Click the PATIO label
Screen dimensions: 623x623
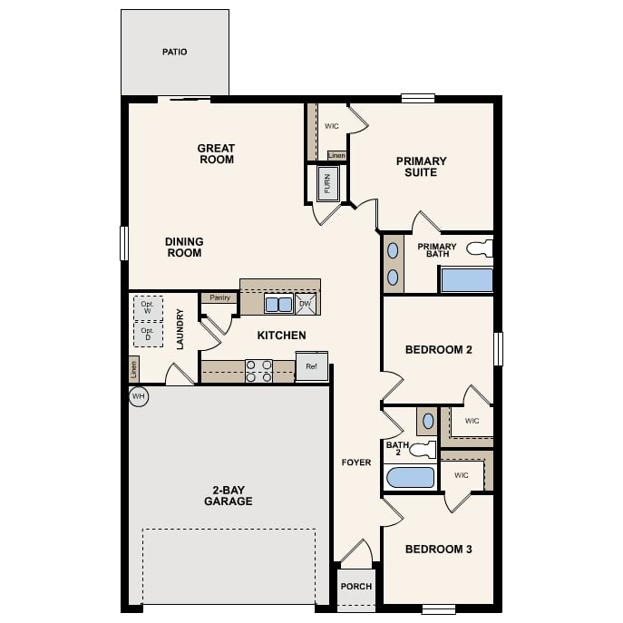click(175, 52)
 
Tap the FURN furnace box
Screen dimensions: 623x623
click(326, 184)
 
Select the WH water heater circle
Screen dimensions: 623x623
click(139, 396)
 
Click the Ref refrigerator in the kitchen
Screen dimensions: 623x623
click(310, 367)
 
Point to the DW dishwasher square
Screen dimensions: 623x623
click(306, 304)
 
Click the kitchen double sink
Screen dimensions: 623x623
click(278, 304)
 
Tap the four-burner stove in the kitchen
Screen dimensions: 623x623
click(259, 371)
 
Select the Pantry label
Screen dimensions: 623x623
click(219, 297)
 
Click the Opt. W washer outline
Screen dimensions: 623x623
click(148, 307)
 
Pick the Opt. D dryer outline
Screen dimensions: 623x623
click(148, 336)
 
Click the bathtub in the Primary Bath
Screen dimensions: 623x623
click(466, 279)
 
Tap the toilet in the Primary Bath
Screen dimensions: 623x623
click(479, 248)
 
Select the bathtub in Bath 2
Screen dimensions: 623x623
click(410, 477)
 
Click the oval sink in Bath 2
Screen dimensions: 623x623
click(427, 422)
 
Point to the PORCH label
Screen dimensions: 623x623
click(356, 586)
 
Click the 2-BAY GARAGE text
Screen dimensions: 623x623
click(228, 495)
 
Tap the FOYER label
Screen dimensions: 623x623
click(356, 462)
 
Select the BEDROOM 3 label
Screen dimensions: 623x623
click(439, 549)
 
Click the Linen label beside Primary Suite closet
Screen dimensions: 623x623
click(336, 156)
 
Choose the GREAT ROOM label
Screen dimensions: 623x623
click(216, 153)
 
